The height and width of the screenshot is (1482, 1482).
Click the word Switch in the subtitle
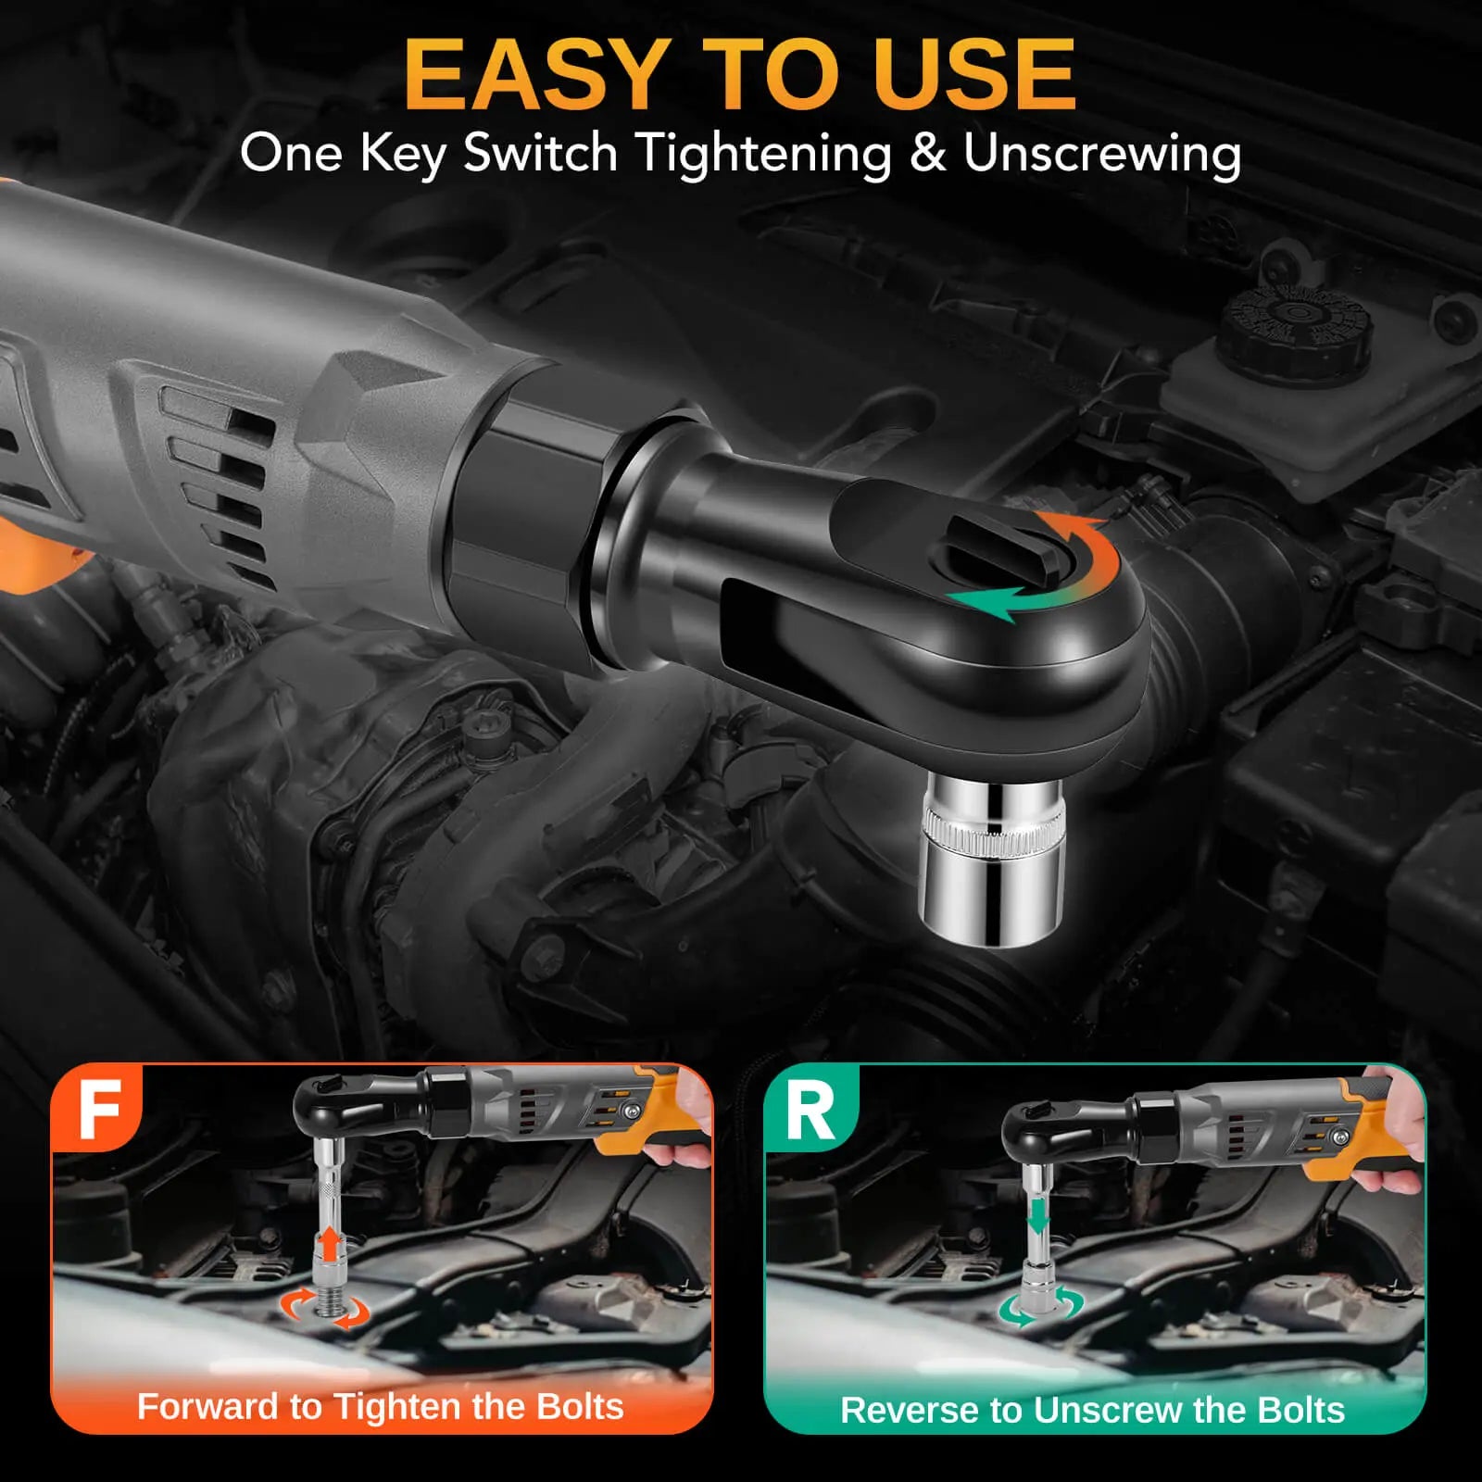541,152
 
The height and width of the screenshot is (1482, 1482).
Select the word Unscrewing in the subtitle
1102,154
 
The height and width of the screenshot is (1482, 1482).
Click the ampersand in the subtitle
927,153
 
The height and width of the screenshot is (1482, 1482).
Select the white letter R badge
810,1111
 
